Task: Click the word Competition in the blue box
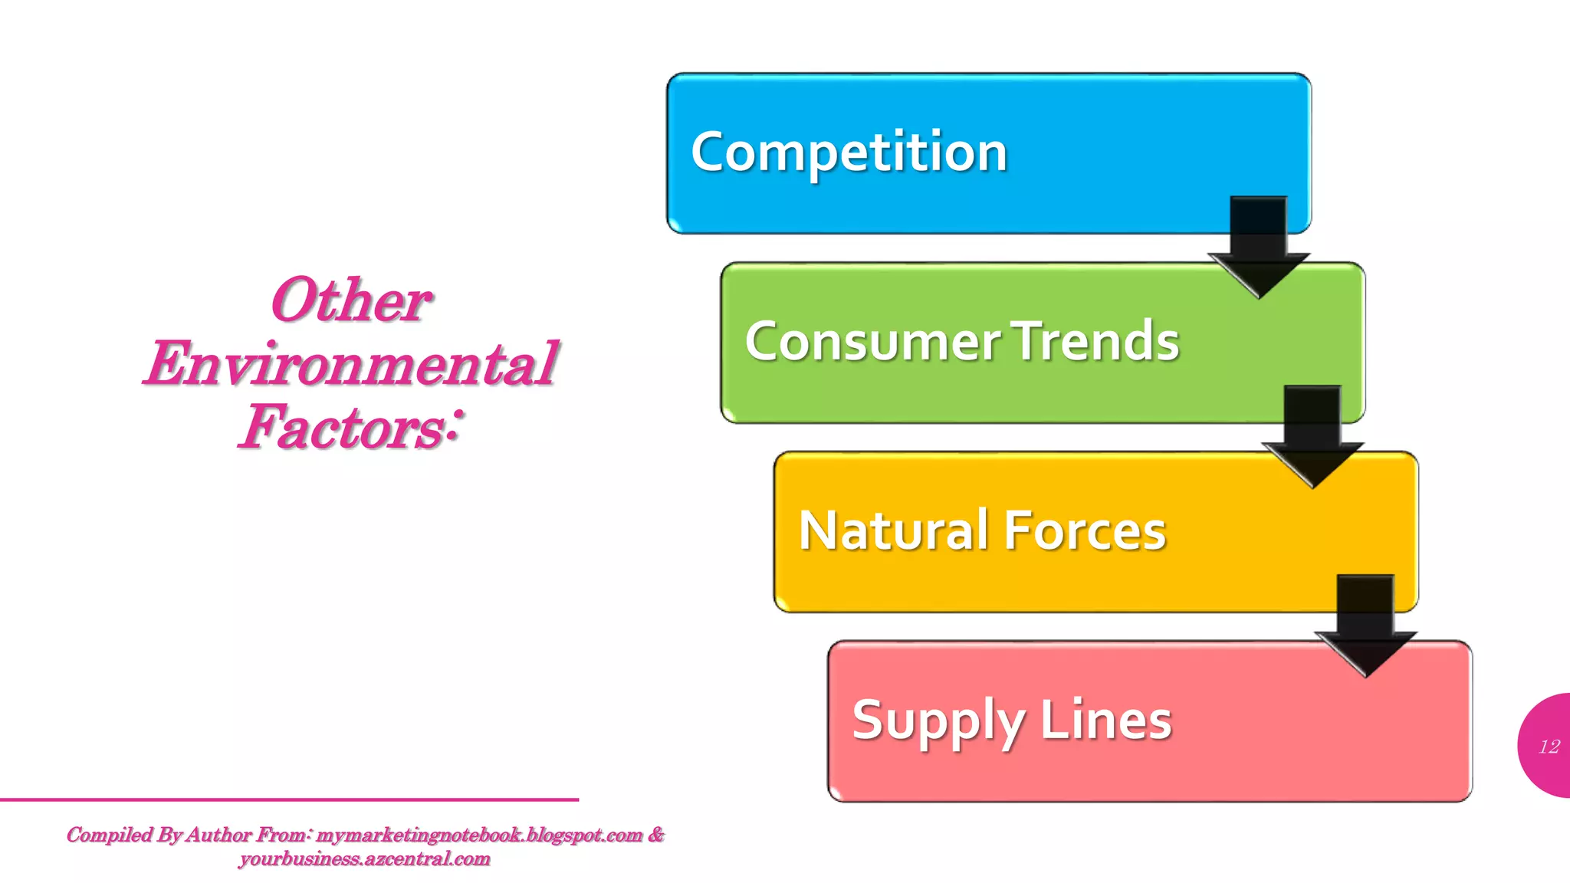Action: point(849,152)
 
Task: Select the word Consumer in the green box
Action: point(872,341)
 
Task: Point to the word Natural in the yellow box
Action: point(892,530)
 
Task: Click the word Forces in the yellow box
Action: point(1084,530)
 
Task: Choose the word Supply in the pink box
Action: point(938,721)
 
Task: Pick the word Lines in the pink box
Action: point(1105,720)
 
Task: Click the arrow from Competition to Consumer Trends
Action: point(1259,246)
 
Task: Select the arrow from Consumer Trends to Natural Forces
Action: point(1312,435)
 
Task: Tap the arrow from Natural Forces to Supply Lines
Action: point(1365,625)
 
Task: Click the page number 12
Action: point(1549,747)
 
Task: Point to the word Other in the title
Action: point(351,300)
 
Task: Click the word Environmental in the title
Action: point(351,363)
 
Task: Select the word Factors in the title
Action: point(341,427)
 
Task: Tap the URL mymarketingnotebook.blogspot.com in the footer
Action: point(479,835)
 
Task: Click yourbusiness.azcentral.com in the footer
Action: point(364,858)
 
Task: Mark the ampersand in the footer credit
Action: point(656,834)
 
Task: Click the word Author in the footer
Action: point(219,835)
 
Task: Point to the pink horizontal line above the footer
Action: point(289,799)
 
